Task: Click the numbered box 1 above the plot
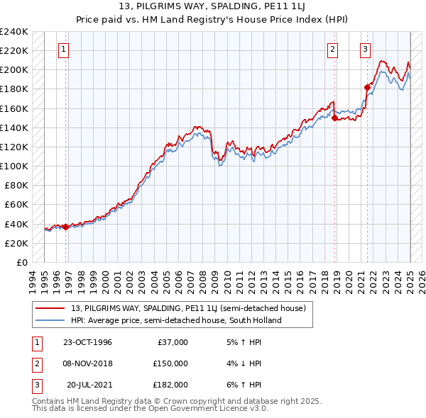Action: pos(64,50)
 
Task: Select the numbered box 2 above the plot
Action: pos(332,50)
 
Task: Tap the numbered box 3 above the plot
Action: pos(364,50)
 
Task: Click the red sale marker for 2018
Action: pos(335,118)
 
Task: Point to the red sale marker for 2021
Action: pos(368,87)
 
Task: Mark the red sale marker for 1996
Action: pos(66,227)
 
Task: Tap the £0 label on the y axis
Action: pos(21,262)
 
